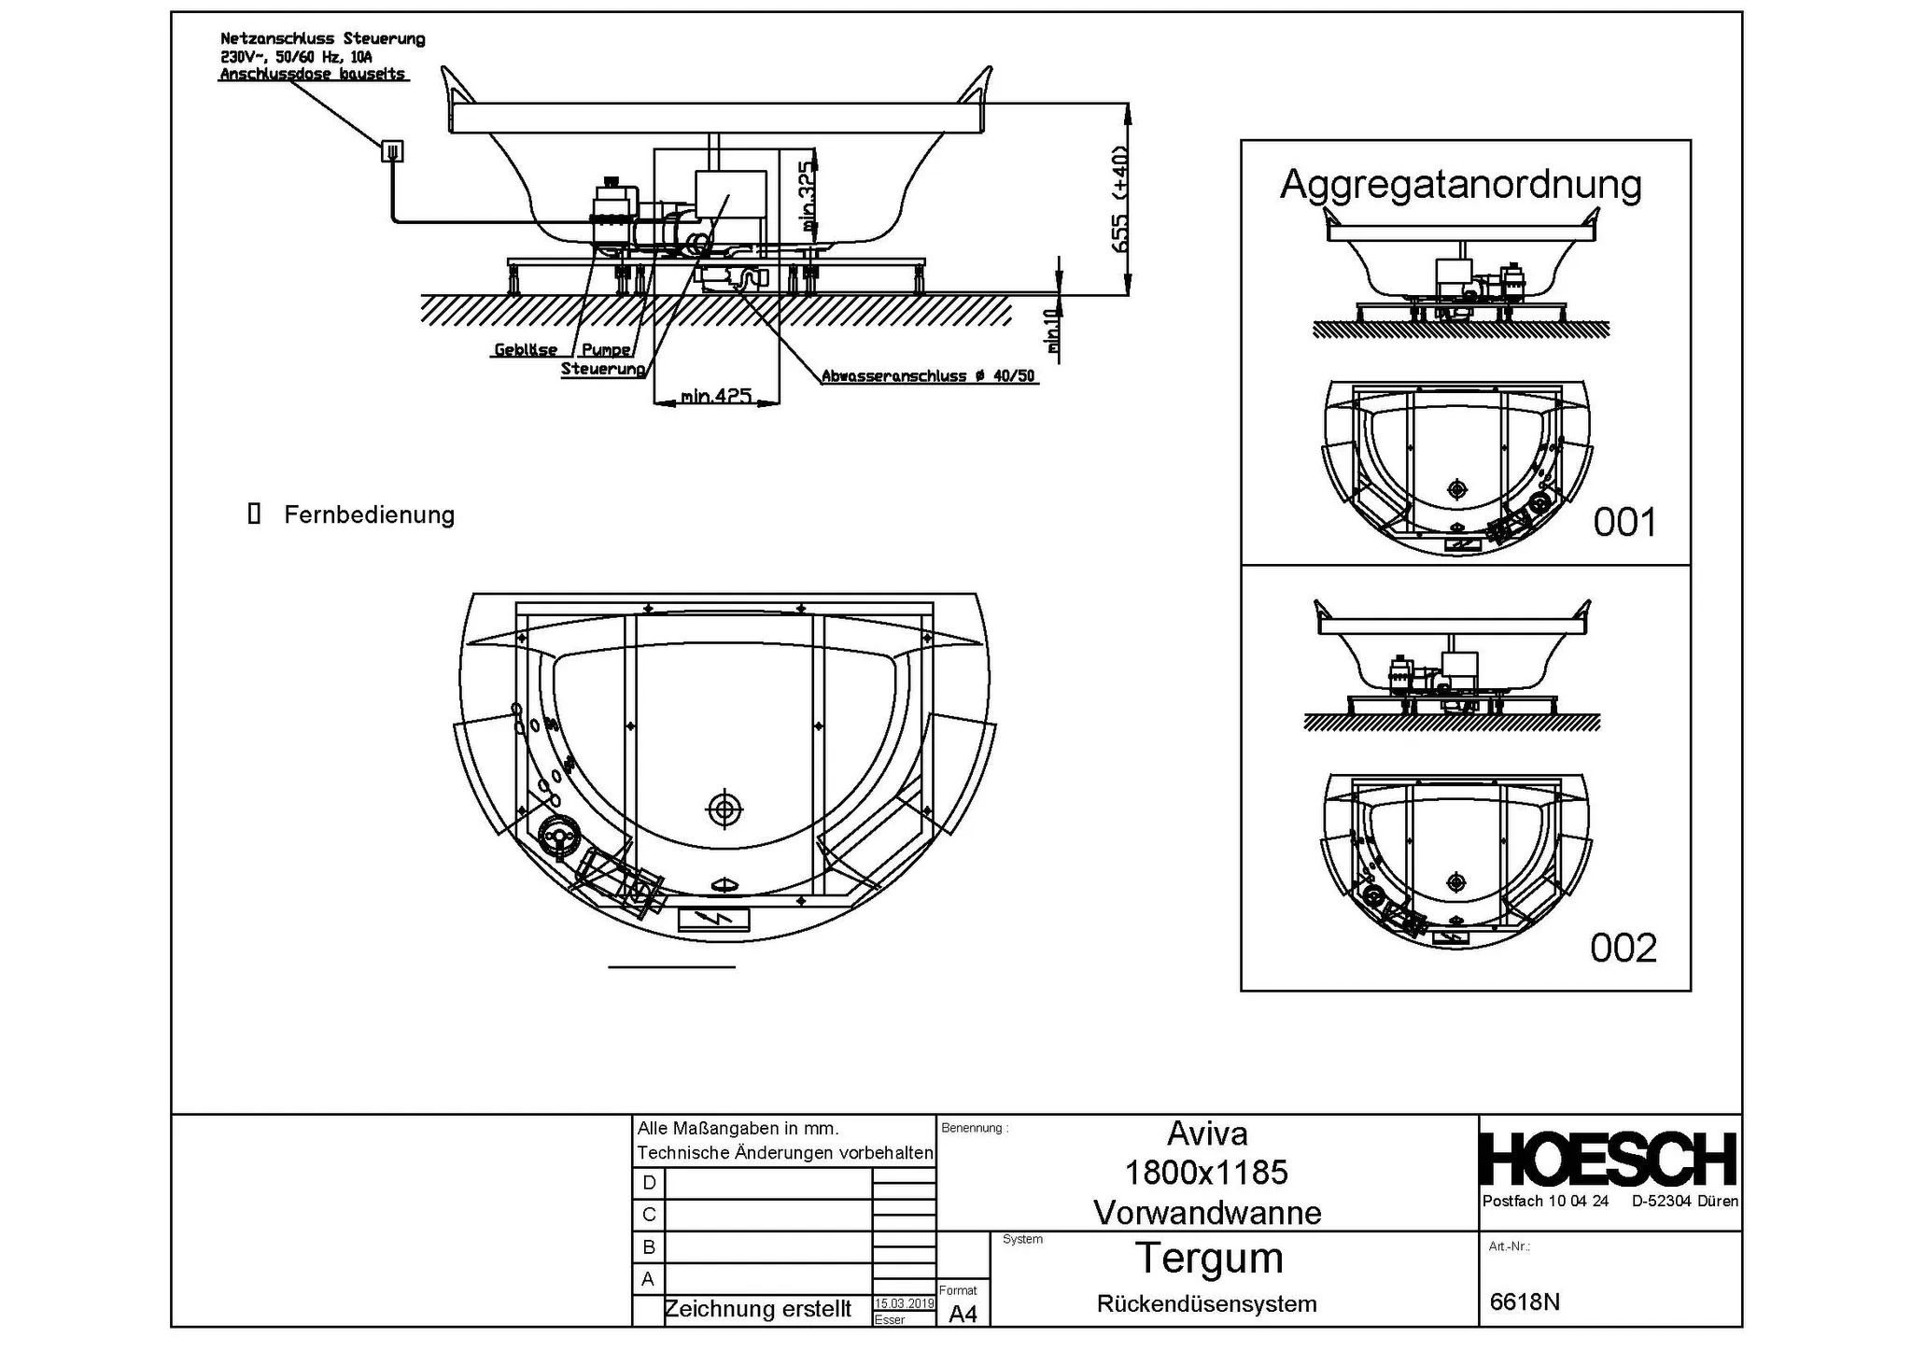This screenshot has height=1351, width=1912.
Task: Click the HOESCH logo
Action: click(x=1608, y=1160)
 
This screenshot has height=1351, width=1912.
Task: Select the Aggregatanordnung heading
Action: click(x=1460, y=184)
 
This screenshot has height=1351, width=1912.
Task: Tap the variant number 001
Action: click(x=1624, y=523)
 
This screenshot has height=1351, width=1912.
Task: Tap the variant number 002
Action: click(x=1624, y=949)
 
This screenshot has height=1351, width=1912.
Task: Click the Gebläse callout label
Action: click(x=526, y=350)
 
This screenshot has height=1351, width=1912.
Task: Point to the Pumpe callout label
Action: click(x=606, y=350)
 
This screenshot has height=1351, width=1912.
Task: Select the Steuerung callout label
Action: click(x=603, y=369)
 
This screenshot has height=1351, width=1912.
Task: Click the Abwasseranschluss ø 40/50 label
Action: click(x=928, y=376)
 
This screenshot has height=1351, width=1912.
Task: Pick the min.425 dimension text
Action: click(x=716, y=396)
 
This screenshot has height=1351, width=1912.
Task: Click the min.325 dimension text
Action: click(x=808, y=196)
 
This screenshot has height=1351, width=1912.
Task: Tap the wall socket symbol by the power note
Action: click(x=393, y=150)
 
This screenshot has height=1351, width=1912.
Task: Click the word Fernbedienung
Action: click(x=369, y=514)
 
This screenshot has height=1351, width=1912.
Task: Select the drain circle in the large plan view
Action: click(x=724, y=809)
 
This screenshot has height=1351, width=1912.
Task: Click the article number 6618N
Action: click(x=1525, y=1302)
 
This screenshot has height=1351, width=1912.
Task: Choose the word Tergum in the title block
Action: click(x=1209, y=1258)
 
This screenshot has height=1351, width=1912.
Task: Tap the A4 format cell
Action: click(x=963, y=1314)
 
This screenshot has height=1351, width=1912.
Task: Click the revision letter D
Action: click(x=649, y=1183)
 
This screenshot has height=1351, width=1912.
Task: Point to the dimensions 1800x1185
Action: click(x=1206, y=1173)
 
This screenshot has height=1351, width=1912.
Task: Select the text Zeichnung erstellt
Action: click(x=757, y=1309)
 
